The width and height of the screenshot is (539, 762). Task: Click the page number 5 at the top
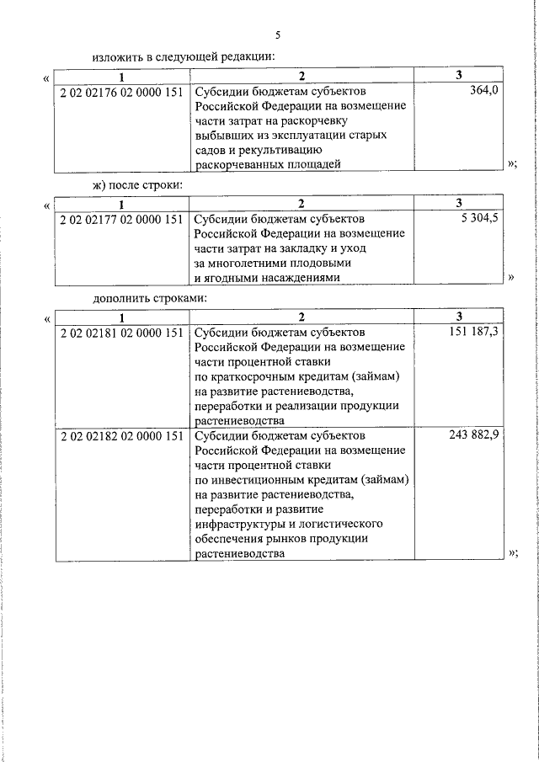pyautogui.click(x=278, y=35)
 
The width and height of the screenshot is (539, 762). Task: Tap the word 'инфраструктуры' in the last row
pyautogui.click(x=238, y=524)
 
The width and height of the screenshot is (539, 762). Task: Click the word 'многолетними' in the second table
pyautogui.click(x=245, y=264)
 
